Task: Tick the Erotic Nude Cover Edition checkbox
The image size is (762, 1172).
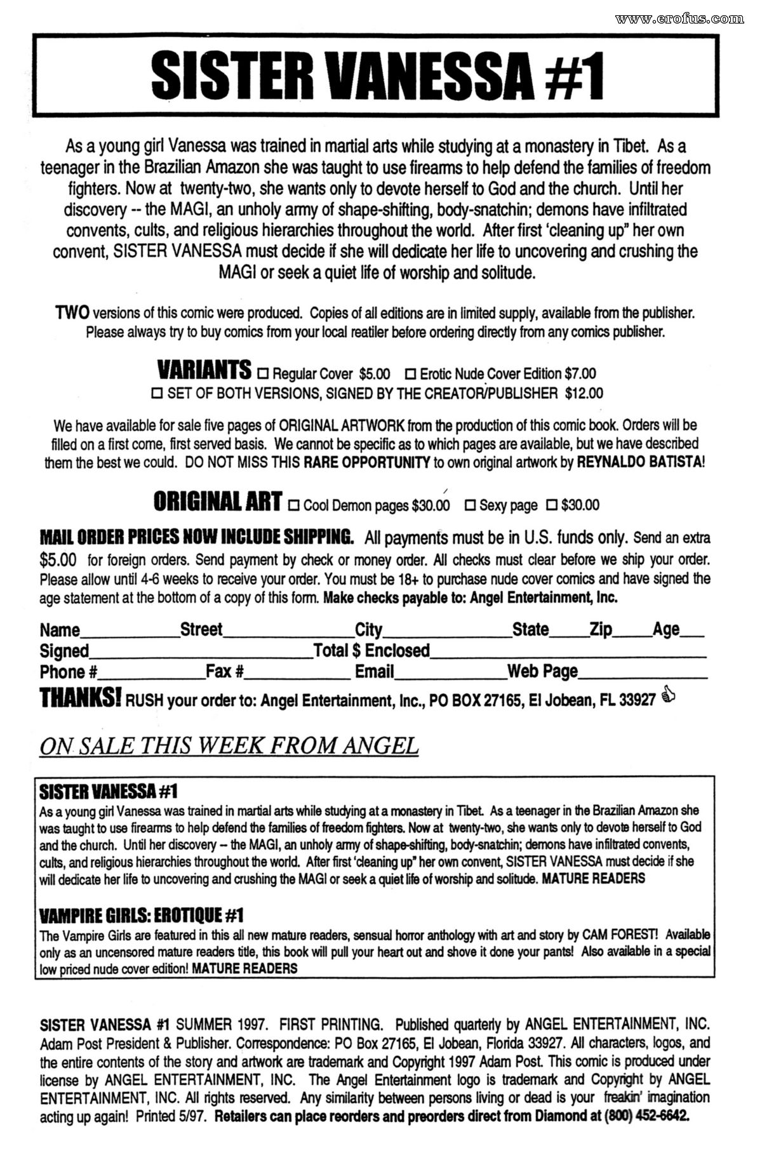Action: (411, 373)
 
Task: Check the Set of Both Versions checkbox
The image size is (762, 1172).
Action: (157, 394)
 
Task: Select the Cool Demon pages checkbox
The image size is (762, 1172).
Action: (294, 506)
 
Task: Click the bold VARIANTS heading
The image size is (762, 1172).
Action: (204, 370)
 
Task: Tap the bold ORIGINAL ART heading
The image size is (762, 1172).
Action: (218, 502)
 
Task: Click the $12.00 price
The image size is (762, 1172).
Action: (584, 394)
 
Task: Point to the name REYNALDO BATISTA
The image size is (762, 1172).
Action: (638, 462)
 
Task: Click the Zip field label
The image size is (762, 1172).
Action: (600, 629)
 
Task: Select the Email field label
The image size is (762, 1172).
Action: (374, 671)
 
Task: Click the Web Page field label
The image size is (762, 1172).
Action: (542, 671)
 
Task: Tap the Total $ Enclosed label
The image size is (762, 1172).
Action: (371, 650)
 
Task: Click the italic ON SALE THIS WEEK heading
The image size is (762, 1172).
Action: (229, 746)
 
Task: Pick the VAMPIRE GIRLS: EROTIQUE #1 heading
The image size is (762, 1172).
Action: (141, 916)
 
